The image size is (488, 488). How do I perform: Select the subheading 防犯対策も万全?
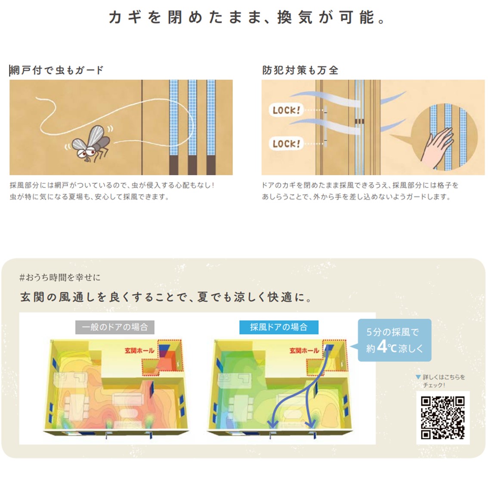[300, 70]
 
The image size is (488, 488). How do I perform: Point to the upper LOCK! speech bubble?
[286, 110]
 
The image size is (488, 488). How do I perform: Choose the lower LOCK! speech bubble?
[286, 143]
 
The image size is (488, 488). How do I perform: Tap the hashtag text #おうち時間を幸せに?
[60, 277]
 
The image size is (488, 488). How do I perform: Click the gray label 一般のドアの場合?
[115, 327]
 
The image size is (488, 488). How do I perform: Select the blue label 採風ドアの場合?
[279, 327]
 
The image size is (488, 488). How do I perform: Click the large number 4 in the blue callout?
[382, 346]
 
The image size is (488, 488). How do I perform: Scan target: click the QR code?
[442, 418]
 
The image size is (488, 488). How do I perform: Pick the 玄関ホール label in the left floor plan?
[139, 351]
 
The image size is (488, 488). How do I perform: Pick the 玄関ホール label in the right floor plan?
[304, 351]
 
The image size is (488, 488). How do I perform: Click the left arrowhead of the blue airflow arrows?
[273, 423]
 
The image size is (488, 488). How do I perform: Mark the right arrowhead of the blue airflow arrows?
[310, 423]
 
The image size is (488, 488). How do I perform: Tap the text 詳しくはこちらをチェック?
[443, 381]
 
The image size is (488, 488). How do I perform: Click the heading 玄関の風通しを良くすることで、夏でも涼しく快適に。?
[166, 297]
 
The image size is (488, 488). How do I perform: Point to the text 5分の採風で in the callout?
[392, 332]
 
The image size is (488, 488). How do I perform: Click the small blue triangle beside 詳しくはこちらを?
[418, 377]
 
